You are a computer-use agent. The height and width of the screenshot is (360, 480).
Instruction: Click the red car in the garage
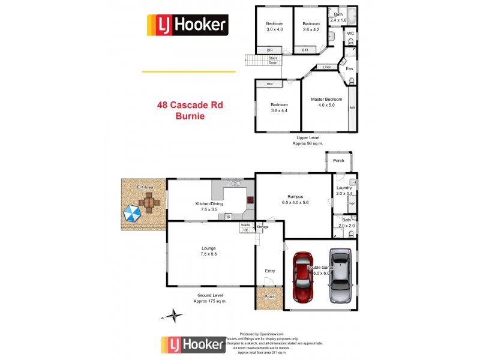[x=304, y=278]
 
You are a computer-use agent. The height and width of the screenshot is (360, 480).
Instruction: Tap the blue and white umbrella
[x=131, y=212]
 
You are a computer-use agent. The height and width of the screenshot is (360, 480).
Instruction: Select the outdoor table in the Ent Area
[x=149, y=202]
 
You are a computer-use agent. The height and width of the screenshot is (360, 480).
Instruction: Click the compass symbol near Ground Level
[x=173, y=314]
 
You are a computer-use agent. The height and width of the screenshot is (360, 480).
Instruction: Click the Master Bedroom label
[x=326, y=102]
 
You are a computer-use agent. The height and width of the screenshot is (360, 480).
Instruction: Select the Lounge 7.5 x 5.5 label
[x=209, y=251]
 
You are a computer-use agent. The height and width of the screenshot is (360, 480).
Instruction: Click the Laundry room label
[x=344, y=191]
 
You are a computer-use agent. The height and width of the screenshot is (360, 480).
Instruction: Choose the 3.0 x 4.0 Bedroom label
[x=274, y=26]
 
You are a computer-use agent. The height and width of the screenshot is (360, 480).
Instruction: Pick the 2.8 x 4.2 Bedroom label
[x=311, y=26]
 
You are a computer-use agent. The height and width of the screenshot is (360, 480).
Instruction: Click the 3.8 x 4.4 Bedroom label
[x=279, y=108]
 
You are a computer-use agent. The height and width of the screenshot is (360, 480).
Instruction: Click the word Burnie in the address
[x=190, y=116]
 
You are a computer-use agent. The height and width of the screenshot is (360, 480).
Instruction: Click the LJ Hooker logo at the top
[x=188, y=25]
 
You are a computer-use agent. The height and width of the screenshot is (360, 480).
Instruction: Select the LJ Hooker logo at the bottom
[x=191, y=346]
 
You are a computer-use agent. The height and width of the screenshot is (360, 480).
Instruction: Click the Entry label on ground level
[x=270, y=271]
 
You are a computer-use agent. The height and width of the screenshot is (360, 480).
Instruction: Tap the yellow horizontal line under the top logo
[x=188, y=71]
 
